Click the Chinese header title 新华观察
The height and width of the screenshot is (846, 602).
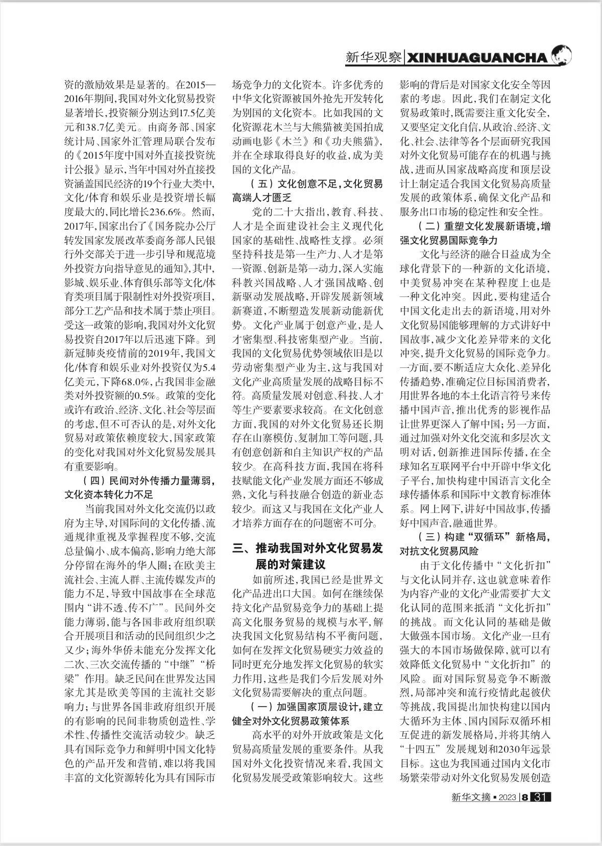tap(373, 57)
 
